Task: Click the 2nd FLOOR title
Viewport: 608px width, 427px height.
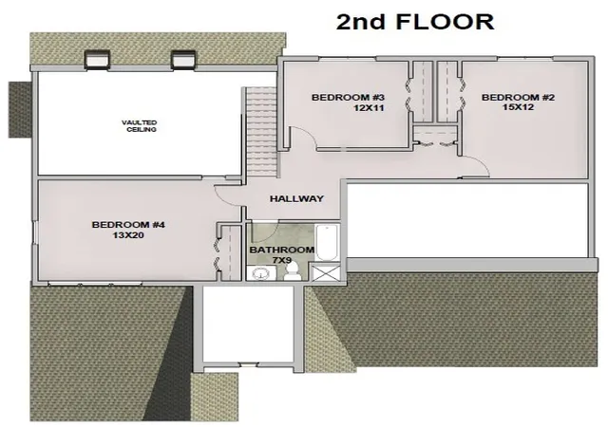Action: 415,22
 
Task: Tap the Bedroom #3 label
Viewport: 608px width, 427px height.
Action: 348,97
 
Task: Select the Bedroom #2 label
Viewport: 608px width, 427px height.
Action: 518,97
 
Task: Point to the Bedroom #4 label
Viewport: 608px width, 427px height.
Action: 128,225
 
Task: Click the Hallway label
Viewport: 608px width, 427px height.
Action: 296,198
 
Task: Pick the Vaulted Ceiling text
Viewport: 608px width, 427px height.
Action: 140,126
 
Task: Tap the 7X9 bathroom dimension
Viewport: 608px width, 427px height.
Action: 282,260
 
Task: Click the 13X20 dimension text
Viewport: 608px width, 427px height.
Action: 128,234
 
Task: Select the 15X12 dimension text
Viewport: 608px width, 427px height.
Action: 519,107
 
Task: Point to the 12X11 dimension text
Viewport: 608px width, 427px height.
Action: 369,108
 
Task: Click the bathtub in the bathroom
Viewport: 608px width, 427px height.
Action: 327,243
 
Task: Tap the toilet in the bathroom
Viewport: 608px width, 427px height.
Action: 292,270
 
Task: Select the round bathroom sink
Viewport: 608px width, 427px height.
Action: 260,274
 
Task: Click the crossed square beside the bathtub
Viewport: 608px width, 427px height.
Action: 326,272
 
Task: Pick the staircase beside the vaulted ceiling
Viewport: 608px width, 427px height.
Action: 261,131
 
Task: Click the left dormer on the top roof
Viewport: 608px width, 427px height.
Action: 97,60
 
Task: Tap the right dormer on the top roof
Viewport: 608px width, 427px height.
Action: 183,60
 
